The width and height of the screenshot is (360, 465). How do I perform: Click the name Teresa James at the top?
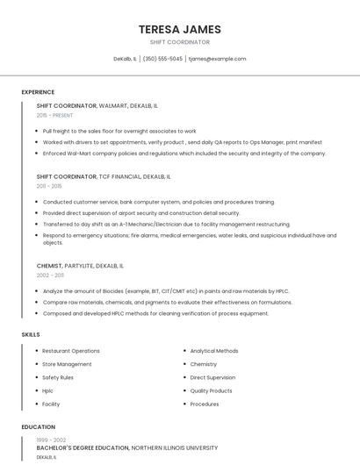coord(179,29)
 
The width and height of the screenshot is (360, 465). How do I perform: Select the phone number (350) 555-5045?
coord(162,59)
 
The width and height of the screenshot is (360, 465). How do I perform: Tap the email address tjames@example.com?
coord(217,59)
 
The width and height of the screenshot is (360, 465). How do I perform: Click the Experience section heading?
coord(38,92)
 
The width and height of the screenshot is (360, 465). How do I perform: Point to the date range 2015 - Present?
coord(54,115)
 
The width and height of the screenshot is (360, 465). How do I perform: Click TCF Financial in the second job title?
coord(120,176)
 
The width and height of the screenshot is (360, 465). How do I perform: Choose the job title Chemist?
coord(49,265)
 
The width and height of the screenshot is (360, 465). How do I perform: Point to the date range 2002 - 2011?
coord(50,275)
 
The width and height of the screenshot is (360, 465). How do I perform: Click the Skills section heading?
coord(31,334)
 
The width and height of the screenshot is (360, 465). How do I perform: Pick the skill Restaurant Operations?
coord(71,351)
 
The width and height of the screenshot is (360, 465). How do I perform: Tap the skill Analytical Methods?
coord(214,351)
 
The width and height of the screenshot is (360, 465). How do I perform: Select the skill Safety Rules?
coord(58,377)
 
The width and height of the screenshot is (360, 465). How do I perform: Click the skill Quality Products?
coord(211,390)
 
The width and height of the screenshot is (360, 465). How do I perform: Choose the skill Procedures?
coord(205,404)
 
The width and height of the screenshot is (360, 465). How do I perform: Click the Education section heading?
coord(37,427)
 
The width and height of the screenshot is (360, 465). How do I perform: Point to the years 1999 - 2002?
coord(51,440)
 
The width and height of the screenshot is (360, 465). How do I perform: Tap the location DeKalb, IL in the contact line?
coord(125,59)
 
